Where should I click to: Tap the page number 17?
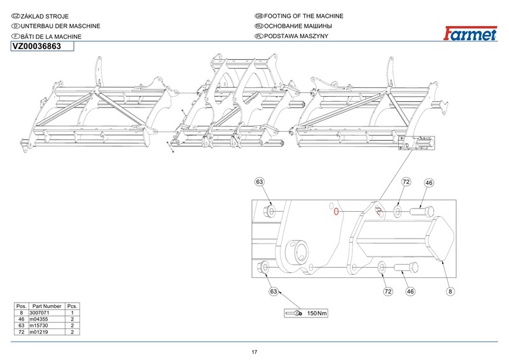tap(254, 352)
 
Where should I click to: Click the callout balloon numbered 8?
tap(450, 291)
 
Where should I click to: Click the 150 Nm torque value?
tap(317, 314)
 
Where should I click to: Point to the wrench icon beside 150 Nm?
tap(295, 313)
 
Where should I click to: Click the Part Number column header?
tap(47, 307)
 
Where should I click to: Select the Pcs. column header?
tap(73, 307)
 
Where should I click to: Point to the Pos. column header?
tap(21, 307)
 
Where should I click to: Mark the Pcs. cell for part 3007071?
tap(73, 313)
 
